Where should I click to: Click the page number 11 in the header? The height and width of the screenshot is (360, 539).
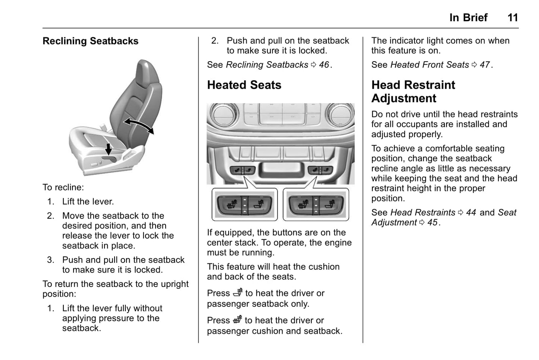click(x=513, y=18)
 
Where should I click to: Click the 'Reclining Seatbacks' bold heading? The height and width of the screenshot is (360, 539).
click(x=90, y=41)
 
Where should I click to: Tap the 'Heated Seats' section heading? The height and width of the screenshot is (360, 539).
click(x=244, y=85)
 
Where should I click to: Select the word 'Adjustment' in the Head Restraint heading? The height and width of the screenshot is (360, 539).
click(x=404, y=98)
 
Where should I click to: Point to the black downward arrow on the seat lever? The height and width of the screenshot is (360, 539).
click(x=108, y=149)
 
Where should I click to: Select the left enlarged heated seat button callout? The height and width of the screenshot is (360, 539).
click(x=245, y=204)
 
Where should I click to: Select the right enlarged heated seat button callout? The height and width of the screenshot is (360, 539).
click(x=316, y=204)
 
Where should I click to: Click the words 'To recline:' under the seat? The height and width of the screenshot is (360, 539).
click(x=63, y=187)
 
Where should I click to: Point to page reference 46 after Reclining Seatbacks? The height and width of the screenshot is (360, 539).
click(x=324, y=65)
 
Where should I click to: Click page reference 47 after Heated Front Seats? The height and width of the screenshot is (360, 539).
click(x=485, y=65)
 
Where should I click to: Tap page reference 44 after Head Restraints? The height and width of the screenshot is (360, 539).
click(x=471, y=213)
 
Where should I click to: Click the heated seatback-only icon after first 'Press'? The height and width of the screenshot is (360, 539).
click(x=238, y=293)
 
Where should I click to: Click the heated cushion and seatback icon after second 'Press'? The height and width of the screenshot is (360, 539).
click(x=237, y=320)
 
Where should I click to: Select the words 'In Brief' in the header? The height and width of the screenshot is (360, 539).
click(x=468, y=18)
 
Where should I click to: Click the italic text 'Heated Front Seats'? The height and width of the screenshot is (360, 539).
click(x=429, y=65)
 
